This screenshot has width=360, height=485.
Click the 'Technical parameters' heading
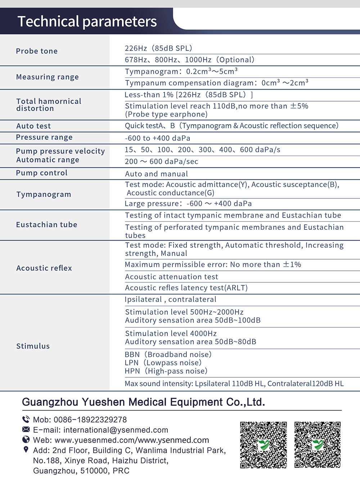[87, 22]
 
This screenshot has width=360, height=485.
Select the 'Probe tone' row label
[37, 51]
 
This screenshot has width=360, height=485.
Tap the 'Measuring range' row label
[47, 77]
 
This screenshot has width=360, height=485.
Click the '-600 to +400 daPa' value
[157, 138]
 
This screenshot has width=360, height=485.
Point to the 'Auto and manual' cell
[156, 174]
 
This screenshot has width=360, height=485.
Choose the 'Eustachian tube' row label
[46, 225]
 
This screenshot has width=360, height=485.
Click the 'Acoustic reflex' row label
[44, 268]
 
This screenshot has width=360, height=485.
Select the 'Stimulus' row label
[33, 346]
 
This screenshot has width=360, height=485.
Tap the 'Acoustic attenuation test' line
[171, 277]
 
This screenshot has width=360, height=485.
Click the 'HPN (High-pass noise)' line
[166, 371]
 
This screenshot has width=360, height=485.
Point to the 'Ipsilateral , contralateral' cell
[171, 300]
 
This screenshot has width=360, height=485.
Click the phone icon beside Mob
[26, 419]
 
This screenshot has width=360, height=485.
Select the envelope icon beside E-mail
[26, 430]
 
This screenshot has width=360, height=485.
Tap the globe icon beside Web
[26, 440]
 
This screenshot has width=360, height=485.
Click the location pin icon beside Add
[26, 450]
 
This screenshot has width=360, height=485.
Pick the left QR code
[264, 445]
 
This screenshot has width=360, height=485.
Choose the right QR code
[318, 445]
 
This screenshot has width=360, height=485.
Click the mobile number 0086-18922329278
[90, 420]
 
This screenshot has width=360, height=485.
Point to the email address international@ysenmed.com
[116, 430]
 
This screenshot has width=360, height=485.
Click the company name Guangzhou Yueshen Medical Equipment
[143, 402]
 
